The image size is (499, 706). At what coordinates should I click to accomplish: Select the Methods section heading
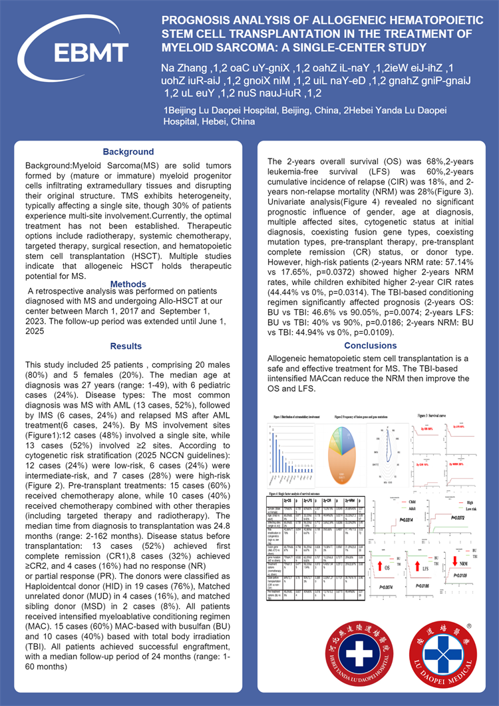(128, 284)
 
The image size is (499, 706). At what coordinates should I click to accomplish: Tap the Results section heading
(126, 346)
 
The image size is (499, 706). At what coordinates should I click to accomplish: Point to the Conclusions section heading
(371, 346)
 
